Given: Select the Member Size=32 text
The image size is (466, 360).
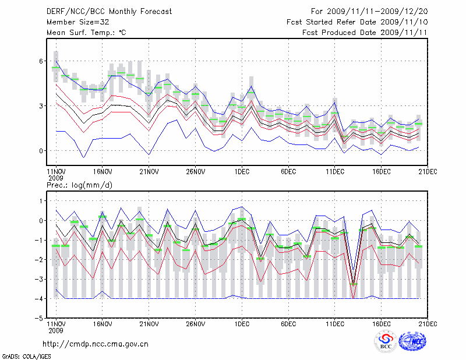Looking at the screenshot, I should click(x=76, y=22).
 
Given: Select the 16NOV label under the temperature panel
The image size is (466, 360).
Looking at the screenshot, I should click(x=102, y=172).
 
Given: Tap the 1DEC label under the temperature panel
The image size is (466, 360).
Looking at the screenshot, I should click(x=242, y=172).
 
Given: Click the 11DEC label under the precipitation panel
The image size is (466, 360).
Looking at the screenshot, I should click(x=335, y=323).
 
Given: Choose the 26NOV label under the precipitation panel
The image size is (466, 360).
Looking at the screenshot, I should click(x=195, y=323).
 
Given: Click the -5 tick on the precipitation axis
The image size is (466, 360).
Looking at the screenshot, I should click(x=40, y=319).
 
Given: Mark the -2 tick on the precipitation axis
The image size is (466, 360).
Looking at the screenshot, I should click(x=40, y=260).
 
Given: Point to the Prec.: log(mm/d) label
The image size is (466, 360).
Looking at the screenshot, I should click(x=79, y=185).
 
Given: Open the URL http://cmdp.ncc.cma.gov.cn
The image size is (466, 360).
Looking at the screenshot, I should click(x=96, y=344).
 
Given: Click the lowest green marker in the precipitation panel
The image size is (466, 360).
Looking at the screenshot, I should click(x=354, y=284).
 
